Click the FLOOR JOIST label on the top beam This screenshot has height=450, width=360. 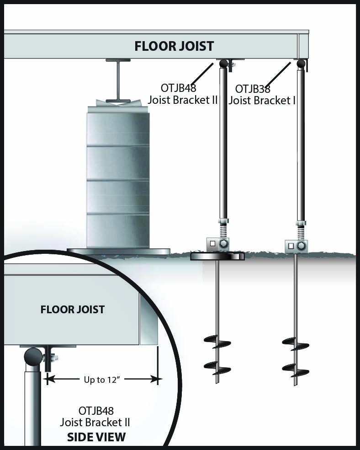(x=174, y=46)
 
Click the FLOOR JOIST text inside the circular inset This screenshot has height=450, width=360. (x=73, y=310)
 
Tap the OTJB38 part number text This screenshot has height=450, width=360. (x=252, y=89)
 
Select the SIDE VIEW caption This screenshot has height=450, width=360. (x=96, y=437)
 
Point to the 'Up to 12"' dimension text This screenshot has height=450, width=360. (x=102, y=379)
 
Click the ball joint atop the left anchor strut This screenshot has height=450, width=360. (x=223, y=64)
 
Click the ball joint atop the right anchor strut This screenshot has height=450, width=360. (x=301, y=64)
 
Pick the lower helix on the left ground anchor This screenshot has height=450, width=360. (x=217, y=366)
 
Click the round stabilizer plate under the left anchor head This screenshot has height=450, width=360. (x=217, y=257)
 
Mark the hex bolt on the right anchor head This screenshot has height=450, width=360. (x=301, y=246)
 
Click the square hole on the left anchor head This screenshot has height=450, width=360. (x=213, y=244)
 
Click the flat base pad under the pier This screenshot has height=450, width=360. (x=118, y=252)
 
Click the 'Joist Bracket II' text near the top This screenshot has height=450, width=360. (x=183, y=100)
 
